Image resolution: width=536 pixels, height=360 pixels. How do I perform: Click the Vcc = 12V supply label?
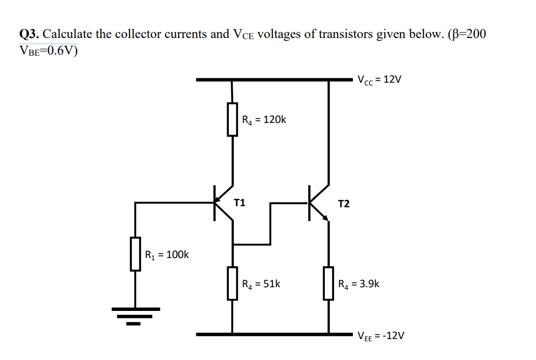pyautogui.click(x=379, y=79)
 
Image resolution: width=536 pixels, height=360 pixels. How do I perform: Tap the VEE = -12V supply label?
pyautogui.click(x=381, y=335)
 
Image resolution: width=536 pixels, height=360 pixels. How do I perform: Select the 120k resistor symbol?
pyautogui.click(x=233, y=119)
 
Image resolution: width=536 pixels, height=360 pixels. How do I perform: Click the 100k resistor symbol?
pyautogui.click(x=135, y=254)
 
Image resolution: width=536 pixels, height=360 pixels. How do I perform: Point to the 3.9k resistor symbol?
pyautogui.click(x=329, y=283)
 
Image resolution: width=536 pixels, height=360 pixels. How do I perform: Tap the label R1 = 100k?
pyautogui.click(x=167, y=255)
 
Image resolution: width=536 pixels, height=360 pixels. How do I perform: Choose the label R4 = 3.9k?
pyautogui.click(x=359, y=284)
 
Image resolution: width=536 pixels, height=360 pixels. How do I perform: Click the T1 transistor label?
pyautogui.click(x=239, y=202)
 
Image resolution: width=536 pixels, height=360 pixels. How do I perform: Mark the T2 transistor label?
pyautogui.click(x=343, y=204)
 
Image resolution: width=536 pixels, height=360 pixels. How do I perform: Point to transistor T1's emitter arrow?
pyautogui.click(x=221, y=196)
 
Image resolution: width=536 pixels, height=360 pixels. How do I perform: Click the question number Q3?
pyautogui.click(x=29, y=34)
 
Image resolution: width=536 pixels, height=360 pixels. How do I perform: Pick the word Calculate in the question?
pyautogui.click(x=67, y=34)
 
